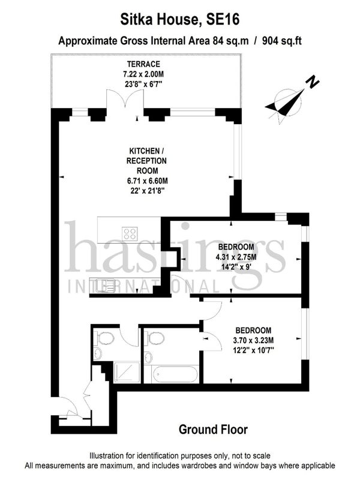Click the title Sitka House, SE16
click(179, 20)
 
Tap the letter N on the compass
click(313, 82)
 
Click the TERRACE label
click(143, 64)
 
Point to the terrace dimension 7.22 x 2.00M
click(143, 74)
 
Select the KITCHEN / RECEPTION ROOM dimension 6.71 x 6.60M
click(147, 181)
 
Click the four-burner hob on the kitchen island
click(130, 233)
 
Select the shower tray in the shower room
click(127, 372)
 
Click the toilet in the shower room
click(104, 338)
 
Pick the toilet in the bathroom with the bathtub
click(155, 338)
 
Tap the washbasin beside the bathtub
click(148, 357)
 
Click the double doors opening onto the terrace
click(125, 98)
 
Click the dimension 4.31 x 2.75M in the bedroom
click(236, 257)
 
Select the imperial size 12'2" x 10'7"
click(253, 350)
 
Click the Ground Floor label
click(213, 430)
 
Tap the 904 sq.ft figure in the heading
click(281, 41)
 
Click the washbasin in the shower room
click(97, 354)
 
